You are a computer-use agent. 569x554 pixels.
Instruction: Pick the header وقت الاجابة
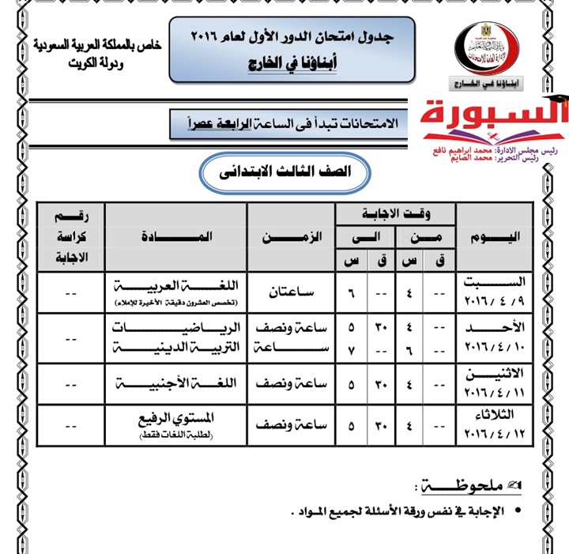tap(394, 212)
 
